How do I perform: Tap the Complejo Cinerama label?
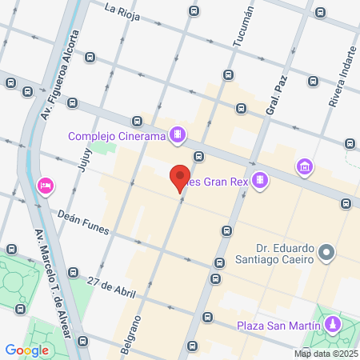click(116, 136)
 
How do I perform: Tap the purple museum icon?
click(304, 168)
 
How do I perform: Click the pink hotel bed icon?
click(45, 186)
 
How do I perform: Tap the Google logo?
click(27, 350)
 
